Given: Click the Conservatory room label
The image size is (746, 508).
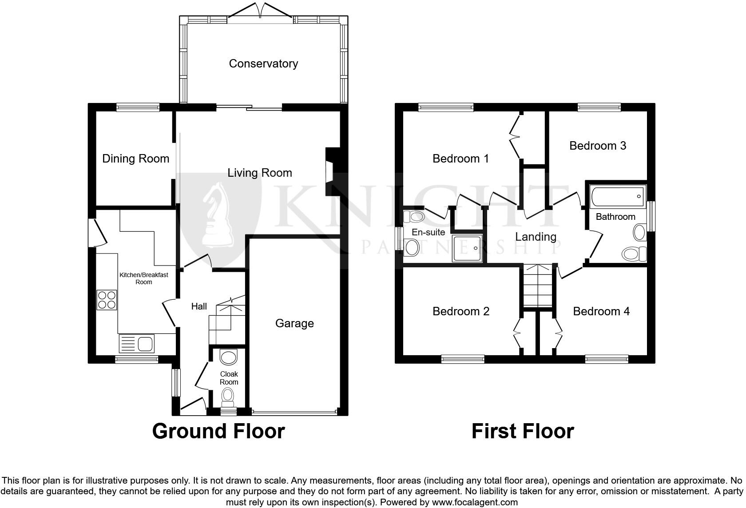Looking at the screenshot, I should click(x=263, y=63).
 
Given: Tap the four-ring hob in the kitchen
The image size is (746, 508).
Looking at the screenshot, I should click(x=107, y=299).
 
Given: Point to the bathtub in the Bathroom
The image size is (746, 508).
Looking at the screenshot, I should click(x=617, y=196).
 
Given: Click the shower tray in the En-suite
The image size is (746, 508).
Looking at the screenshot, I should click(x=467, y=248).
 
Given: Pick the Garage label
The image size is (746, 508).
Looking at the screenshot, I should click(x=294, y=323).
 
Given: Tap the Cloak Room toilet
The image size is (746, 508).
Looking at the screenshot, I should click(x=228, y=395).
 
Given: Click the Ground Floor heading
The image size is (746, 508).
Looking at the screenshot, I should click(x=218, y=431).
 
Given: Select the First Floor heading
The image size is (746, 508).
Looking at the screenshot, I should click(x=523, y=431).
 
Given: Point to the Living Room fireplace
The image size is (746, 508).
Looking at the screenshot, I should click(x=331, y=172).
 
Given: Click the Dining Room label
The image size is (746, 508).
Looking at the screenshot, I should click(x=135, y=159).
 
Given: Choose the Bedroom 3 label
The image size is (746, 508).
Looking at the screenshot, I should click(x=598, y=146).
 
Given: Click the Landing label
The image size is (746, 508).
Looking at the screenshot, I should click(x=536, y=237).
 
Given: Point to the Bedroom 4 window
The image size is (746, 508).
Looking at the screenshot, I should click(x=607, y=359).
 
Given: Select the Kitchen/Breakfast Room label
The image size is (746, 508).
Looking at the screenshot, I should click(x=143, y=278).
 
